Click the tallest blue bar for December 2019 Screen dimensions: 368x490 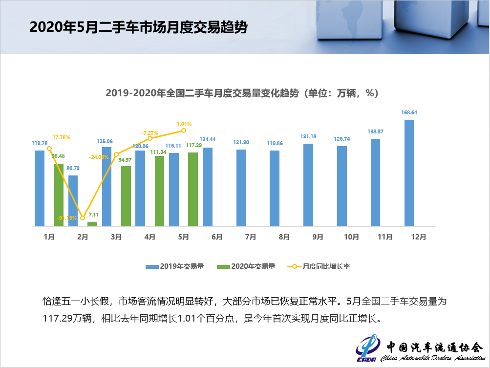pos(409,173)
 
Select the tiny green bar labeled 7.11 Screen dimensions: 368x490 pos(92,224)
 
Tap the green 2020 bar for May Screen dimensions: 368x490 pos(193,189)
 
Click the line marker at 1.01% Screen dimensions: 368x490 pos(184,130)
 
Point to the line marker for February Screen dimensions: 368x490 pos(83,217)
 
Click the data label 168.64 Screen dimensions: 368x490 pos(409,112)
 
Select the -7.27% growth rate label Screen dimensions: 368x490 pos(150,132)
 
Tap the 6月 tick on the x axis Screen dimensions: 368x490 pos(217,237)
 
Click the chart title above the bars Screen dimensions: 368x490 pos(242,93)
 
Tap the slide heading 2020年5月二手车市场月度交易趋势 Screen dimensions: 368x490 pos(138,27)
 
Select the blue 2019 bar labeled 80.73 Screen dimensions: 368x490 pos(73,200)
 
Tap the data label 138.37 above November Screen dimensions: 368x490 pos(376,131)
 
